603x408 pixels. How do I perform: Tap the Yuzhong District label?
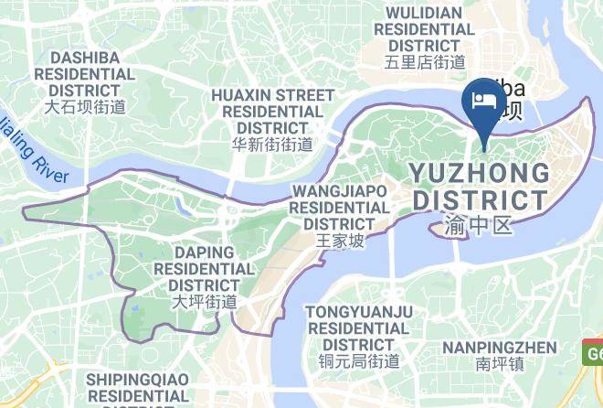(480, 186)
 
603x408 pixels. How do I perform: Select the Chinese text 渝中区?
(480, 223)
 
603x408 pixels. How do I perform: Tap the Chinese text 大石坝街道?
(85, 107)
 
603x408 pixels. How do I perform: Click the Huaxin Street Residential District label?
(272, 111)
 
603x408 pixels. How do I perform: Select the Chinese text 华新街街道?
(272, 145)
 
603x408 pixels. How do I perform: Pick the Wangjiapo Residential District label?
(339, 207)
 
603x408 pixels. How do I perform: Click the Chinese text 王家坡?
(339, 241)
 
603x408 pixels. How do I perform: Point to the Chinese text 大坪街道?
(204, 301)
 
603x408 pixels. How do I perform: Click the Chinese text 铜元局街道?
(359, 360)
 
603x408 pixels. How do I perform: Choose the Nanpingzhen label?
(499, 347)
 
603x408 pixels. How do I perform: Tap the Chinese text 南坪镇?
(499, 364)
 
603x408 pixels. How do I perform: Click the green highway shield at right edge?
(593, 351)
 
